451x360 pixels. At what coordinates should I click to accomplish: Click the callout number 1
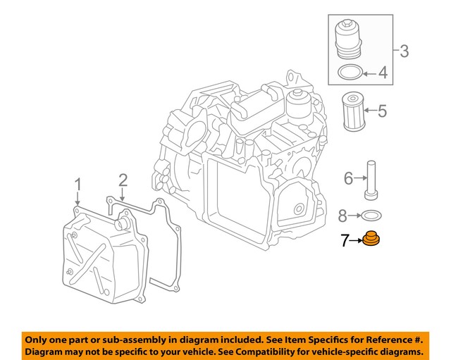[x=78, y=185]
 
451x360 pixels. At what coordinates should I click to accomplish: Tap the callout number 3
[x=404, y=51]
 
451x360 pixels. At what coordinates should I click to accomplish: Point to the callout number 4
[x=383, y=72]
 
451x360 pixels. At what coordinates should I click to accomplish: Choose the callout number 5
[x=382, y=111]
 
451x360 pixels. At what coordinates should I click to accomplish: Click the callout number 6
[x=348, y=179]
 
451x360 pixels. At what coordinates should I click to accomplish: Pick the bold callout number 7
[x=345, y=241]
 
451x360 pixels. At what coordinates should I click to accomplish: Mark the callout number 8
[x=342, y=214]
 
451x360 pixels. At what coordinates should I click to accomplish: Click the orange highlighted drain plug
[x=371, y=241]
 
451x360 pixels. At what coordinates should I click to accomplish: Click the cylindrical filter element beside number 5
[x=352, y=111]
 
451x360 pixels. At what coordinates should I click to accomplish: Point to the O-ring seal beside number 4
[x=350, y=72]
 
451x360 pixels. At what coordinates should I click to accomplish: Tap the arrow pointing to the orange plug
[x=356, y=241]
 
